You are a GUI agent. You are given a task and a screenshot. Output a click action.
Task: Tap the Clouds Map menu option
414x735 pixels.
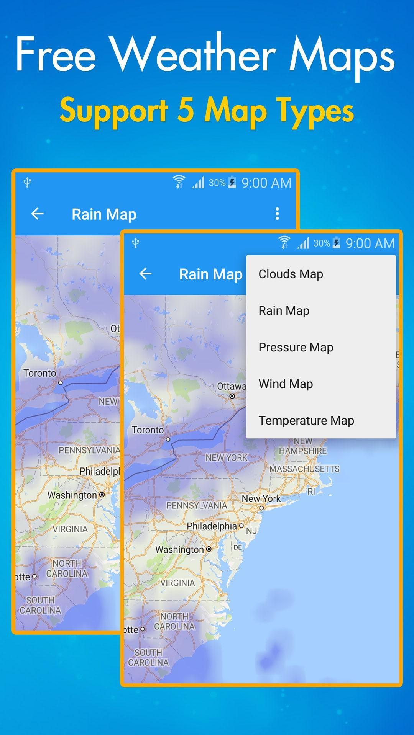click(291, 274)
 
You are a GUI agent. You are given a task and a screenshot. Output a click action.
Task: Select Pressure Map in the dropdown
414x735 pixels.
click(296, 347)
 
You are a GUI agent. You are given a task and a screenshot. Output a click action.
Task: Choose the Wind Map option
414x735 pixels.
click(286, 384)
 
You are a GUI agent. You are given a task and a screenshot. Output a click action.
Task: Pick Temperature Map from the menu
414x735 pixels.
click(306, 420)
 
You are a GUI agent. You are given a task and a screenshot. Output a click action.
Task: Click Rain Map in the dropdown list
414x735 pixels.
click(284, 310)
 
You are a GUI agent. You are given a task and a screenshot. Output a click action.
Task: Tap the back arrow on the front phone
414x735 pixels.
click(145, 274)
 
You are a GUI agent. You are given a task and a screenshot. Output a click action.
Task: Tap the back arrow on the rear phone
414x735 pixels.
click(37, 214)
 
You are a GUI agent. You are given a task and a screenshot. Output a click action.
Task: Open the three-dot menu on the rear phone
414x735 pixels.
click(277, 214)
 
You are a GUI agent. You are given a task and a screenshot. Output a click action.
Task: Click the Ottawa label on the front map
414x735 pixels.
click(231, 387)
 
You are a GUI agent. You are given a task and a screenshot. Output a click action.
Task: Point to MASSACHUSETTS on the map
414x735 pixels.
click(304, 469)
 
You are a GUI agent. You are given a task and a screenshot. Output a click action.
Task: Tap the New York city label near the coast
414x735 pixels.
click(261, 498)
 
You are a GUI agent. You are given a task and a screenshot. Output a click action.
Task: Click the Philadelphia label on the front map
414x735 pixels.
click(212, 526)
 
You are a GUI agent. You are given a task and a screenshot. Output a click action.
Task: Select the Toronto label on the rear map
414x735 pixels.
click(39, 373)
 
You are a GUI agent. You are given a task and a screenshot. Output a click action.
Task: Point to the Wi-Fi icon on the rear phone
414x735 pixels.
click(179, 181)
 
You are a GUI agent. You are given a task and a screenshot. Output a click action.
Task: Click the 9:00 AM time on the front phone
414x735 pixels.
click(370, 243)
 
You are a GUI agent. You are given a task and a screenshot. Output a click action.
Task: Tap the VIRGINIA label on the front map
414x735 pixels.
click(177, 583)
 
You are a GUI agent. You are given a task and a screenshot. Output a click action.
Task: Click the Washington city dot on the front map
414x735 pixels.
click(209, 549)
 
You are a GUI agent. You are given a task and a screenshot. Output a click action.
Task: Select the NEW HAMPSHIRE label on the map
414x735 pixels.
click(303, 446)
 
